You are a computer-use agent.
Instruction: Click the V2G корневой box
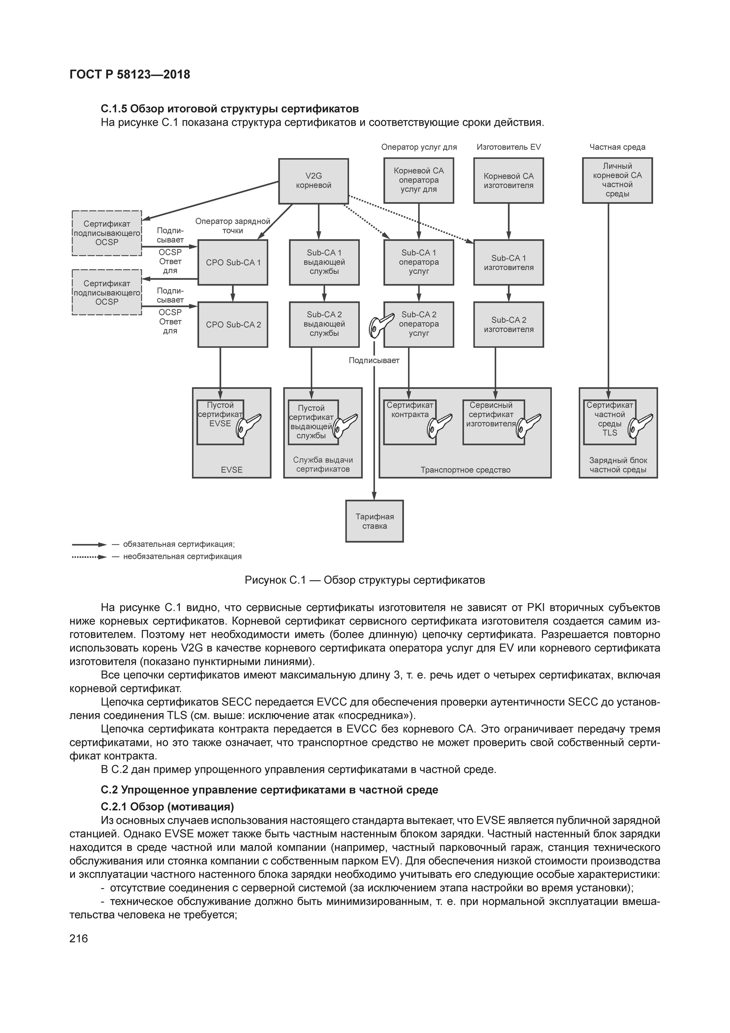click(313, 181)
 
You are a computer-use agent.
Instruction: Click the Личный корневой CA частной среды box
click(617, 180)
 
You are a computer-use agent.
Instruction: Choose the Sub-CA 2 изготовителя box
click(508, 325)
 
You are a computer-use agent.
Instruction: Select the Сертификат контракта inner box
click(409, 422)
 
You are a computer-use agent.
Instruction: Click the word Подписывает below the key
click(374, 360)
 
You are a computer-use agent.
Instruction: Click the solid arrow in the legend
click(89, 544)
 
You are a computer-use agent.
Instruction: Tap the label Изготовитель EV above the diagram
click(508, 147)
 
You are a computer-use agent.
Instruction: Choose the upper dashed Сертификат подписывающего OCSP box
click(107, 233)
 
